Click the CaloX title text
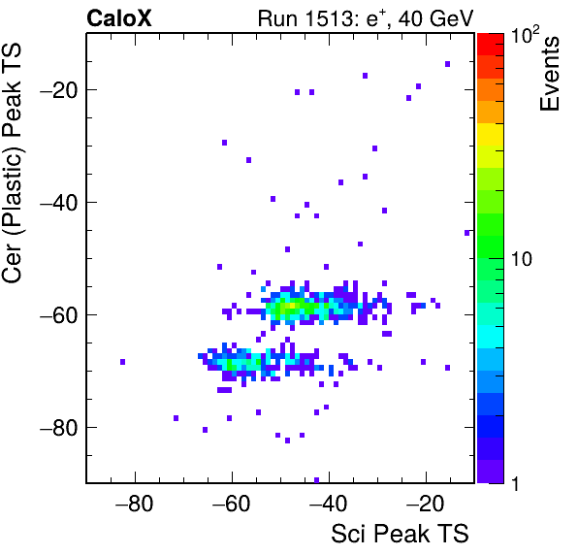point(119,18)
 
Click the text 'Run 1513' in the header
point(305,18)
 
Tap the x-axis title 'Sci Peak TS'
point(400,533)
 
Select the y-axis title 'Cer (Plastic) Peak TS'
point(12,163)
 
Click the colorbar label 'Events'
point(549,74)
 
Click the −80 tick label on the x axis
point(134,504)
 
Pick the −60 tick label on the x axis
point(231,504)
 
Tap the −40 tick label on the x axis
point(328,504)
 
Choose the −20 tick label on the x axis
point(425,504)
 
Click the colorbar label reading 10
point(522,259)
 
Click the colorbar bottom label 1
point(515,483)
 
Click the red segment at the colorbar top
point(491,45)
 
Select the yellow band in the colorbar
point(491,134)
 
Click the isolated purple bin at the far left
point(123,362)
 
